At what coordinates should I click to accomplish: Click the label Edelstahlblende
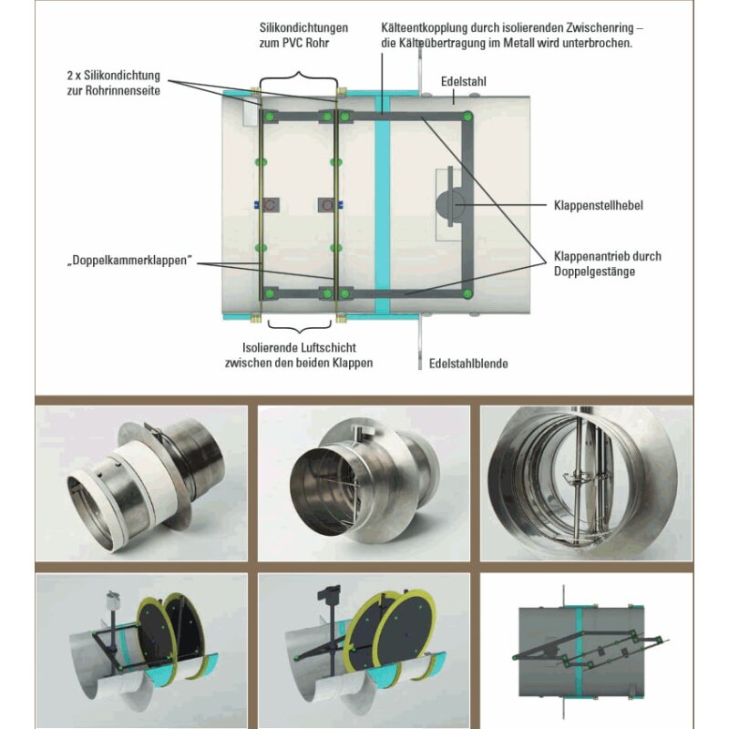pos(467,364)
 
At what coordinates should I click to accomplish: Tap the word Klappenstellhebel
pos(598,206)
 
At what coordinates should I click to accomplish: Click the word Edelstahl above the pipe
pos(464,81)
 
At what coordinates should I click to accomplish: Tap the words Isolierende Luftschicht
pos(298,347)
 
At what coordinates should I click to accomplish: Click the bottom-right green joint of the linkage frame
pos(467,293)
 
